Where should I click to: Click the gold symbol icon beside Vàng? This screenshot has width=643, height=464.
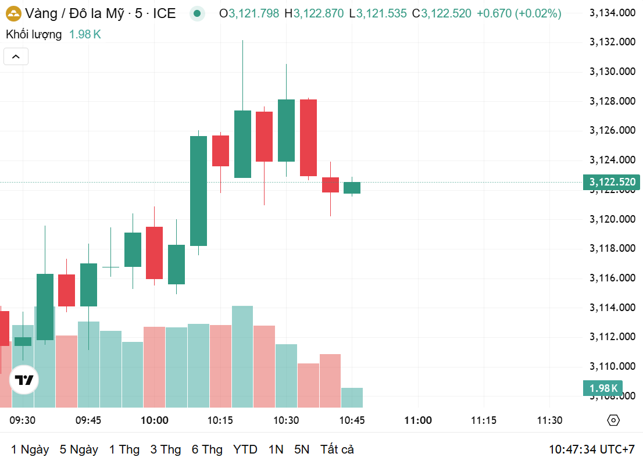coord(13,13)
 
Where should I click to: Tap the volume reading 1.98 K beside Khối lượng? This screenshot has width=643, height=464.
coord(85,34)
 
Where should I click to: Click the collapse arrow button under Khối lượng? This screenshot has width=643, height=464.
coord(16,56)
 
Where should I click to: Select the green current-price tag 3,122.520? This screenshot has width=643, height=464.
coord(611,182)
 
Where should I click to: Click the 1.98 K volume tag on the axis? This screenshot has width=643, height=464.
coord(603,388)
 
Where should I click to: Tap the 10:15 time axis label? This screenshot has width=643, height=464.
coord(220,420)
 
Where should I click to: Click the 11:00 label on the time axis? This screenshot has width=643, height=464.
coord(418,420)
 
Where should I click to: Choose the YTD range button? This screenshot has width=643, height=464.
coord(245,449)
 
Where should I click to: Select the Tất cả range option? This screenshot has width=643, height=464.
coord(337,449)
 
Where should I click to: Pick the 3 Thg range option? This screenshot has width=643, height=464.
coord(166,449)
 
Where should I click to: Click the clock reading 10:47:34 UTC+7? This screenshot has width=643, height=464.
coord(591,449)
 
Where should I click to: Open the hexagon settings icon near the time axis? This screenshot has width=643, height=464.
coord(613,420)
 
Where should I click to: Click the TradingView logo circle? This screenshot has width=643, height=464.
coord(24,380)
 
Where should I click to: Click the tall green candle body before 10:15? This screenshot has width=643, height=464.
coord(199,191)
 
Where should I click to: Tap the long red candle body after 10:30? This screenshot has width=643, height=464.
coord(308,137)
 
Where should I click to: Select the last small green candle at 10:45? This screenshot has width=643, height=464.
coord(352,187)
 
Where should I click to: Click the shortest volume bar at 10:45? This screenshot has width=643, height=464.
coord(352,397)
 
